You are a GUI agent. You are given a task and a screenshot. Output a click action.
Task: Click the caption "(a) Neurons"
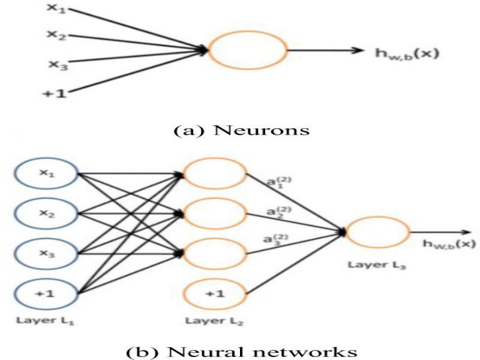tap(240, 130)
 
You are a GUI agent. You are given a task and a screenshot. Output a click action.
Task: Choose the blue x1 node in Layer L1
tap(46, 174)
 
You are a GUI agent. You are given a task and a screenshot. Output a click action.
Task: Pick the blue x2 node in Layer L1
tap(46, 214)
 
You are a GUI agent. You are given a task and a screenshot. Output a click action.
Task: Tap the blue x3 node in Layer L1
tap(46, 254)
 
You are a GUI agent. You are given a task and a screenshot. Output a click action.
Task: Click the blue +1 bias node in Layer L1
tap(46, 294)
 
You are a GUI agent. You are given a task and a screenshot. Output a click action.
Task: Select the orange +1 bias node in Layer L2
tap(214, 295)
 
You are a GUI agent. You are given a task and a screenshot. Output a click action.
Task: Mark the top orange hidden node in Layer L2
tap(214, 174)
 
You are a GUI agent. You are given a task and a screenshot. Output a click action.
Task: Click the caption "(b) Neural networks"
tap(240, 349)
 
